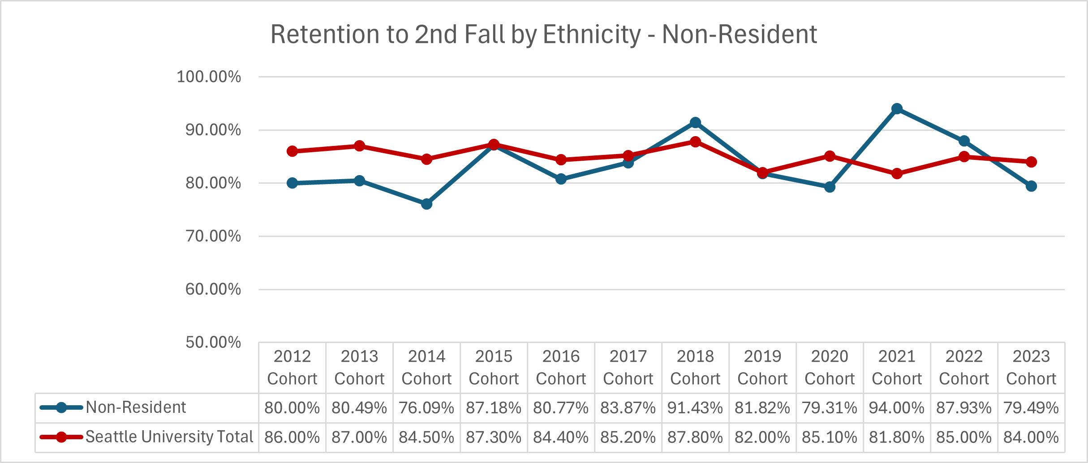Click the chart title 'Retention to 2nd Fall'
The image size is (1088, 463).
click(543, 34)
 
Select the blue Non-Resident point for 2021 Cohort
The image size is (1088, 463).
click(897, 109)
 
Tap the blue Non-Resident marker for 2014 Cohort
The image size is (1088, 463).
click(426, 204)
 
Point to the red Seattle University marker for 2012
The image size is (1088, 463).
click(292, 151)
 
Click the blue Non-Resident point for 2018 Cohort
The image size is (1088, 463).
click(695, 123)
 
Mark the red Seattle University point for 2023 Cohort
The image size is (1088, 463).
click(1031, 162)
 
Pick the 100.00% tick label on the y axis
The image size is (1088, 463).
click(209, 77)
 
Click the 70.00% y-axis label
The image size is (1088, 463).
click(213, 236)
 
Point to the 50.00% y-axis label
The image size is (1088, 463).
click(213, 343)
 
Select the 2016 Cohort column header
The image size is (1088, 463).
click(561, 368)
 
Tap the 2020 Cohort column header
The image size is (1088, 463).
click(830, 368)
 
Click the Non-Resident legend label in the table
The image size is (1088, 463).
click(136, 407)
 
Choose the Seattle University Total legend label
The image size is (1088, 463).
click(169, 437)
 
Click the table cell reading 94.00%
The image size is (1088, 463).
click(897, 408)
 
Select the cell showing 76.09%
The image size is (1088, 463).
click(426, 408)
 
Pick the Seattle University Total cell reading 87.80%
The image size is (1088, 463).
click(695, 437)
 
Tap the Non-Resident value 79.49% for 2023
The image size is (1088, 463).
click(1031, 408)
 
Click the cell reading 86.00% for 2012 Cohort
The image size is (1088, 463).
click(292, 437)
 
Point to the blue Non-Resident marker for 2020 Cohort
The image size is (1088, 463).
click(830, 187)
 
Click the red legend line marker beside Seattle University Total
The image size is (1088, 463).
click(61, 437)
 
